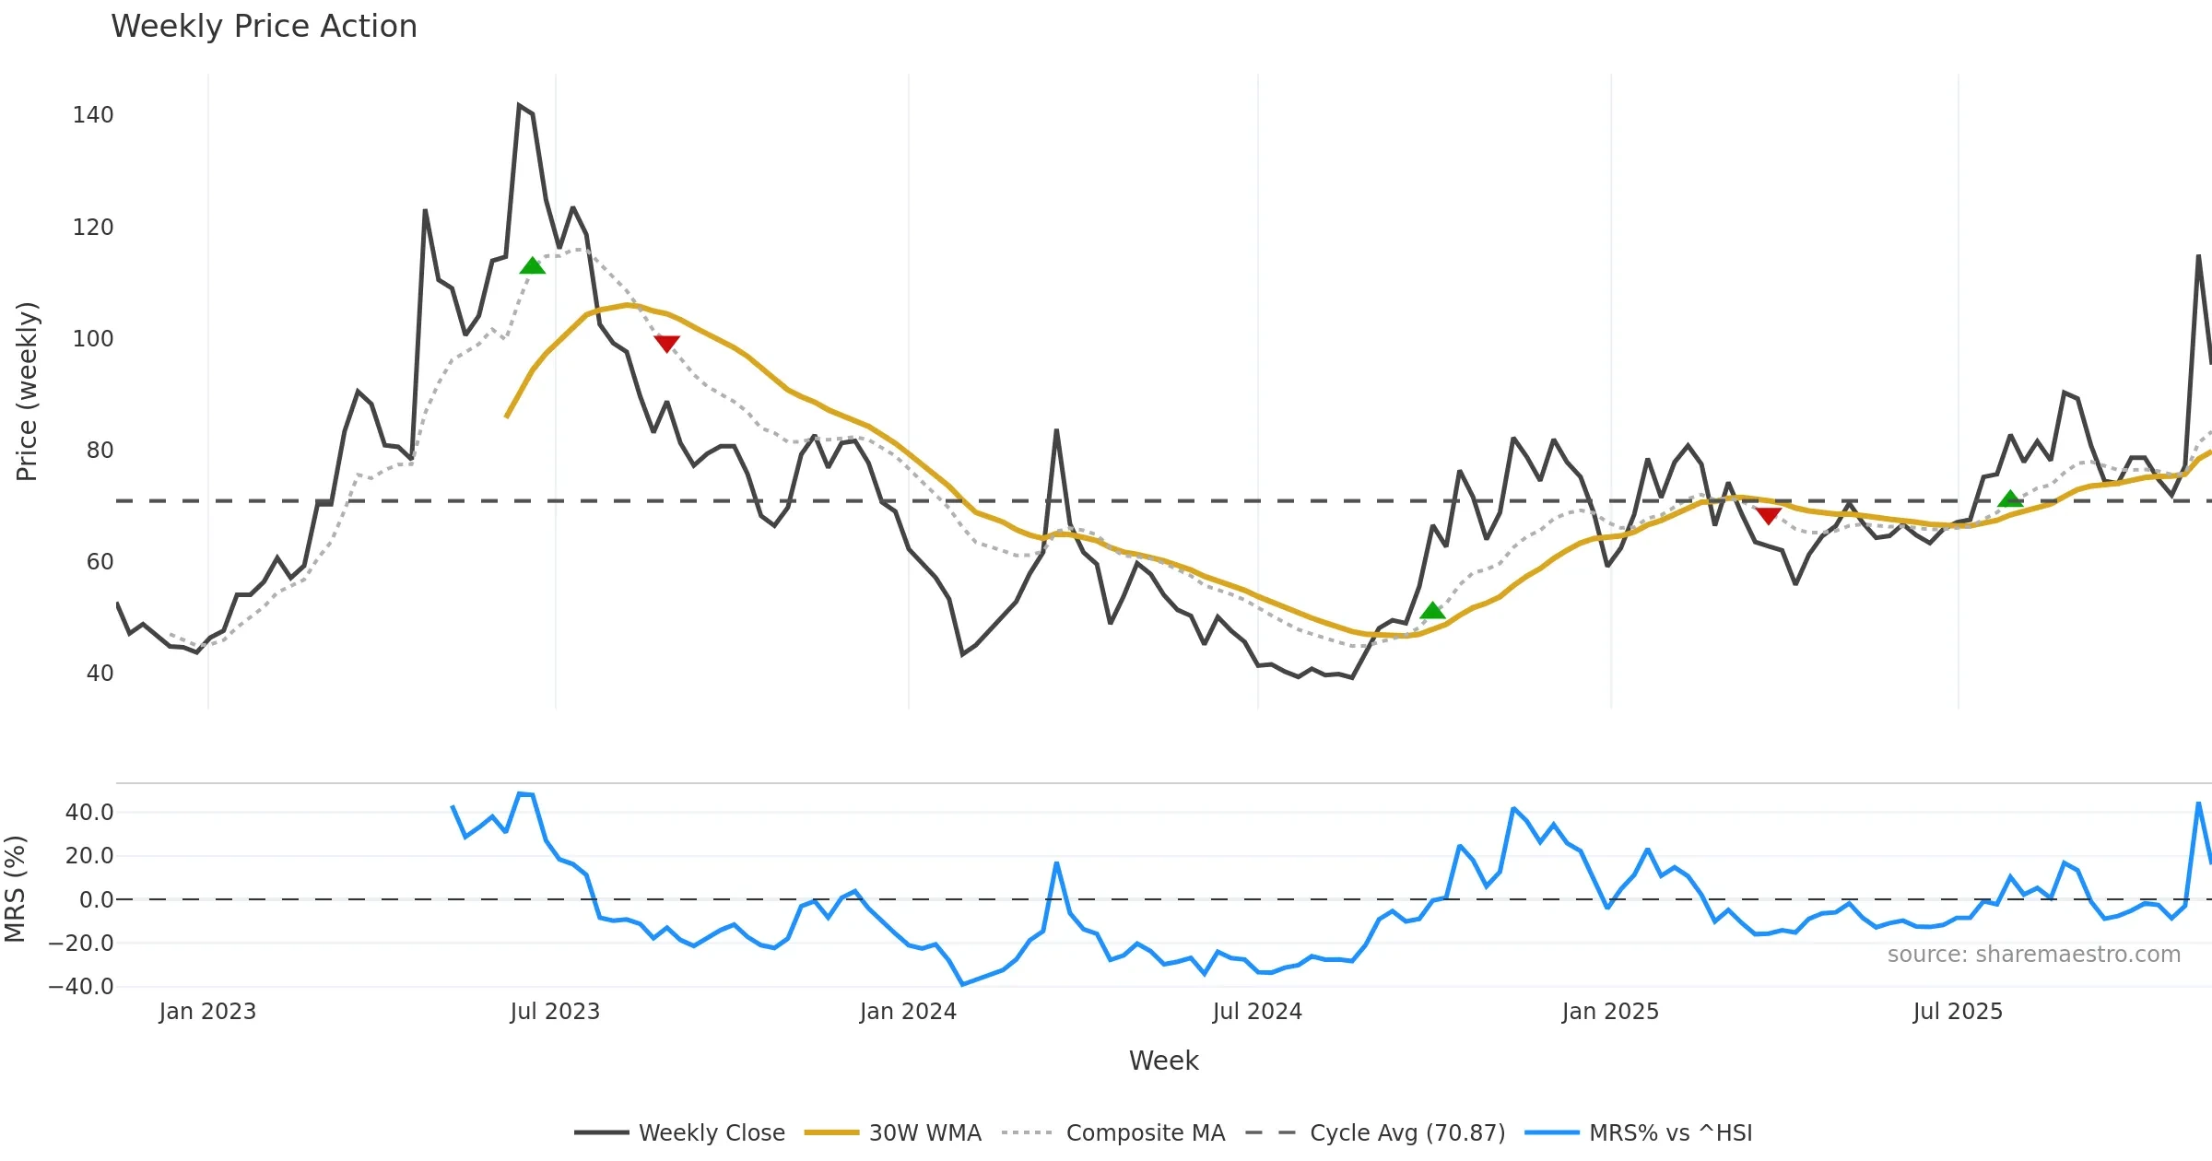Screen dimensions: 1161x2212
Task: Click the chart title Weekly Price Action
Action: (x=264, y=27)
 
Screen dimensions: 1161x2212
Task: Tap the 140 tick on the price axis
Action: (x=93, y=115)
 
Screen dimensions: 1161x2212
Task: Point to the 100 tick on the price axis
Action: (x=93, y=339)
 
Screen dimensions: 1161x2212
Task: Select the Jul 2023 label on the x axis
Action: (x=555, y=1012)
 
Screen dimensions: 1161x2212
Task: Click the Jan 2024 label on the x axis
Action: (x=908, y=1012)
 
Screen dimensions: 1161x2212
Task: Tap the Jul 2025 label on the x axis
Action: (x=1958, y=1012)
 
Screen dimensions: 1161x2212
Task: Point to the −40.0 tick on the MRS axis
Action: (x=81, y=987)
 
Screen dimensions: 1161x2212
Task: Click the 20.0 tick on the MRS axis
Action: (x=89, y=856)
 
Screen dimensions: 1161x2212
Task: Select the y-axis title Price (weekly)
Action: (x=27, y=392)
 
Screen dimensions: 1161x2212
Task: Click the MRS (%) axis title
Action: (x=15, y=889)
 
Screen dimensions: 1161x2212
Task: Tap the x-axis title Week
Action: (x=1163, y=1061)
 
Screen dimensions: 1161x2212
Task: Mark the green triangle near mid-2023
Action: (x=533, y=266)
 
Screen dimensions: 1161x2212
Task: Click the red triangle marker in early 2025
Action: (x=1768, y=515)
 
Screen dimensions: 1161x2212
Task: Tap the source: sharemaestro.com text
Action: (x=2033, y=955)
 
